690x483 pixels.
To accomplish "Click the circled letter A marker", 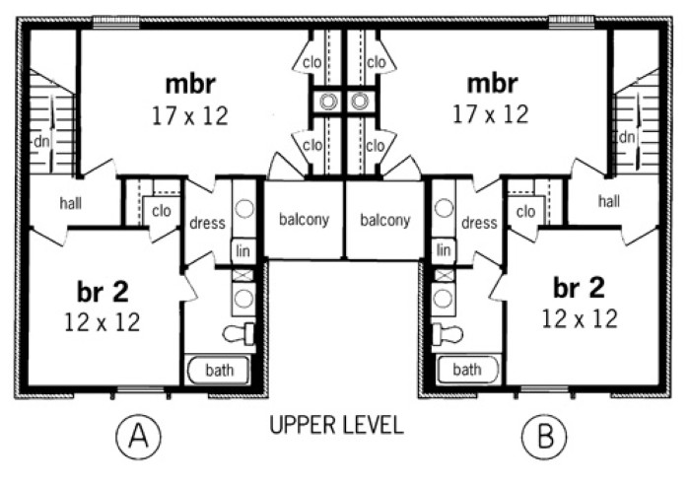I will [138, 435].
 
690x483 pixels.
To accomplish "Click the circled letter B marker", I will [539, 435].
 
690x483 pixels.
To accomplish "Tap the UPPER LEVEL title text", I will [336, 426].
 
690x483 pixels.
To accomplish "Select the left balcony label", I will [303, 220].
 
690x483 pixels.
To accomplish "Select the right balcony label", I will [384, 220].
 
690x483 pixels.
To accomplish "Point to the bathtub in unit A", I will [219, 371].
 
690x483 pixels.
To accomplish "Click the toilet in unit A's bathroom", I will [240, 334].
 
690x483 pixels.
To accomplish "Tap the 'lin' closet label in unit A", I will [242, 250].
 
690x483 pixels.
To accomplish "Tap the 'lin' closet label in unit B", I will [445, 250].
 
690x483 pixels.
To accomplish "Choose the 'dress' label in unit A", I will [208, 223].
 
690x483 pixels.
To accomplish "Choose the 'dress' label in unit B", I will [479, 223].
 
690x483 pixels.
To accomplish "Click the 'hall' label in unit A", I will [70, 203].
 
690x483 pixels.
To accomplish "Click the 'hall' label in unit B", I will [609, 201].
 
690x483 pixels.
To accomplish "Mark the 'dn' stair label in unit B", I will [627, 137].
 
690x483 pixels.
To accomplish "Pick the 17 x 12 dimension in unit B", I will [490, 115].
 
